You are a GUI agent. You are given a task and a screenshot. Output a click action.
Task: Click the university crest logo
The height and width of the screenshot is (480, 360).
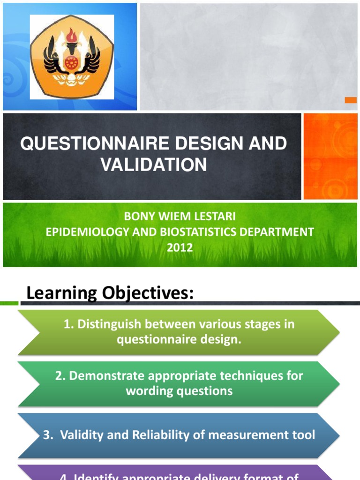[x=72, y=57]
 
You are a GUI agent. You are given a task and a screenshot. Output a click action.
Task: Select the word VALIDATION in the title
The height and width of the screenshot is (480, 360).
[x=154, y=165]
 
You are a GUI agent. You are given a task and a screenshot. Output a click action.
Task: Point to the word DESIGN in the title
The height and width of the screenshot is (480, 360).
[x=202, y=144]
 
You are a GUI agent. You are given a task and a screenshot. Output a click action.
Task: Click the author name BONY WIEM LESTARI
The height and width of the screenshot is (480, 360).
[x=180, y=217]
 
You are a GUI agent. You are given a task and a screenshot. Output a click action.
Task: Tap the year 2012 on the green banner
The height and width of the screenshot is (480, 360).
[x=180, y=247]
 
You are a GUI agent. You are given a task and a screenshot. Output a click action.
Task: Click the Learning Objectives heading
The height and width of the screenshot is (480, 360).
[x=110, y=294]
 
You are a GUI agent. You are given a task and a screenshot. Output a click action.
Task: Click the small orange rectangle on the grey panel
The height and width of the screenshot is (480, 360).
[x=351, y=100]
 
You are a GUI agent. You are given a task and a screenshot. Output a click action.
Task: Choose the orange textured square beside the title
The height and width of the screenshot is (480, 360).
[x=330, y=156]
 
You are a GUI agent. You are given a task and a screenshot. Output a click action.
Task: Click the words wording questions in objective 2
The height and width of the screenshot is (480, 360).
[x=179, y=391]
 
